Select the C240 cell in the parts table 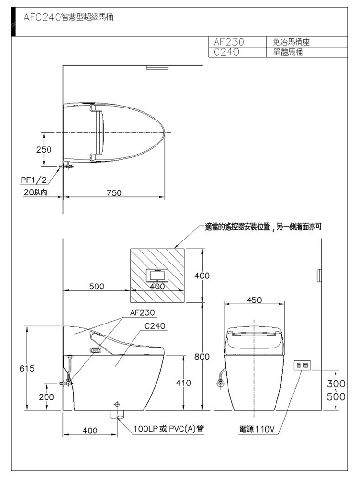pyautogui.click(x=224, y=52)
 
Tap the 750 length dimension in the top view pyautogui.click(x=114, y=192)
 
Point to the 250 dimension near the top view pyautogui.click(x=44, y=149)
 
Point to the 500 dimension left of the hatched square pyautogui.click(x=96, y=287)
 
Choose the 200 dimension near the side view pyautogui.click(x=47, y=397)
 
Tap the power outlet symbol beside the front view pyautogui.click(x=302, y=366)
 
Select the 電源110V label pyautogui.click(x=257, y=429)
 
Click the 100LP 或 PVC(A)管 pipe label pyautogui.click(x=166, y=429)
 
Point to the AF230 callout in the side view pyautogui.click(x=143, y=312)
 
